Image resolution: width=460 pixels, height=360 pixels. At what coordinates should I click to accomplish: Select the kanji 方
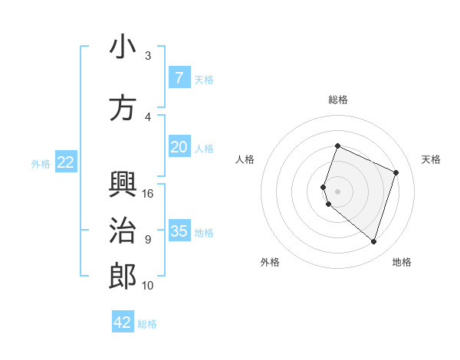tap(123, 108)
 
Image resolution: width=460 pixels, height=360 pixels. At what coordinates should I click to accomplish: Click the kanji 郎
tap(123, 277)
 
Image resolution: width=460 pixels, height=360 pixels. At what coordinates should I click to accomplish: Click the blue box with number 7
tap(179, 78)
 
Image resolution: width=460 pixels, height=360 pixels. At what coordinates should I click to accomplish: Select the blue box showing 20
tap(179, 147)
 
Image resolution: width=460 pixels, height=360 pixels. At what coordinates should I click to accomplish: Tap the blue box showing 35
tap(179, 231)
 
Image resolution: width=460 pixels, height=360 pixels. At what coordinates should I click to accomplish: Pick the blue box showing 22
tap(65, 162)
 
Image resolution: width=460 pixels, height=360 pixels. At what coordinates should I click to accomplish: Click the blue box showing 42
tap(123, 322)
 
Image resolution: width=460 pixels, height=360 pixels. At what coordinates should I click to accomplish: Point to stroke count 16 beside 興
tap(149, 194)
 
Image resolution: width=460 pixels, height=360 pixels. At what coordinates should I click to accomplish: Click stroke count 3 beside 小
tap(148, 56)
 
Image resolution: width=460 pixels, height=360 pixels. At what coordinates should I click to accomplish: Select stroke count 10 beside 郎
tap(148, 286)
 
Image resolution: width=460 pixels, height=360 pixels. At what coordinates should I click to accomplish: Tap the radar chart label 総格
tap(337, 100)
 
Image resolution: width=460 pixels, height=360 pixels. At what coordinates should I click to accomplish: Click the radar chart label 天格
tap(431, 159)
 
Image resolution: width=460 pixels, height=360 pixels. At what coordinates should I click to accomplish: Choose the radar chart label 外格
tap(270, 262)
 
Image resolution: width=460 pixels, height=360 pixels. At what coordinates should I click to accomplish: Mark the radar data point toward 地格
tap(373, 241)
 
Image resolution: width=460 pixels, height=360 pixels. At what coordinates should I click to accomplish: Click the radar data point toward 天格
tap(396, 172)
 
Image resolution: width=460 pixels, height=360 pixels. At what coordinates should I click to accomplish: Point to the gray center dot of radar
tap(337, 191)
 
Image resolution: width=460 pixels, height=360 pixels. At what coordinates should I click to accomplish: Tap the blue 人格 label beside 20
tap(204, 148)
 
